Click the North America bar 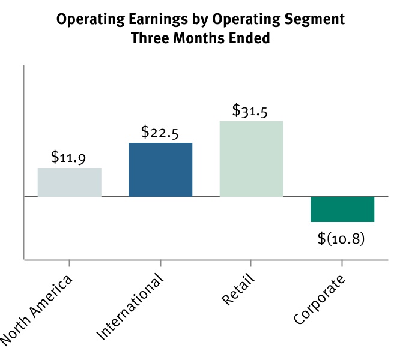pos(69,182)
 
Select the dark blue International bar pos(160,169)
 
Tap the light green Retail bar pos(251,158)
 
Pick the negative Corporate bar pos(342,209)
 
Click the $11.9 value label pos(68,158)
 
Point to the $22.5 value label pos(160,133)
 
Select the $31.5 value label pos(250,111)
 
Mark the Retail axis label pos(238,291)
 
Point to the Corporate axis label pos(320,300)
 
